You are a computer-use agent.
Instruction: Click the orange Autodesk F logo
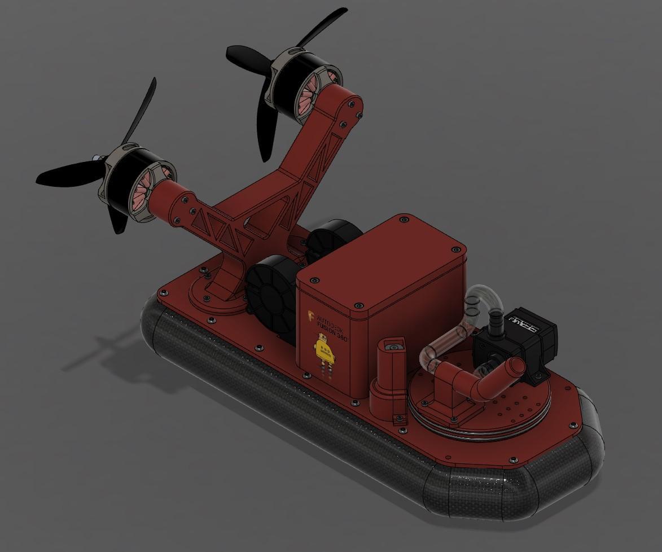311,317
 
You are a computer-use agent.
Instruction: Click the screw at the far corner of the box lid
404,218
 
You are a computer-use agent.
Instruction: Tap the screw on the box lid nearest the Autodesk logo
315,280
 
